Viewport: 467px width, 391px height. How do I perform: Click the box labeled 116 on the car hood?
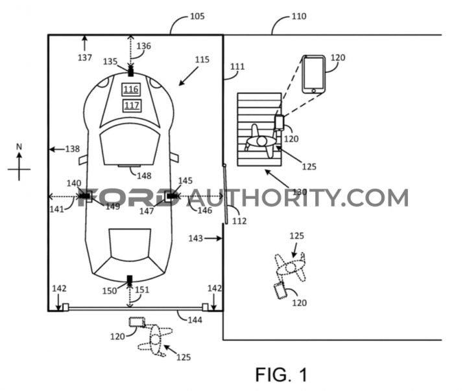tap(131, 89)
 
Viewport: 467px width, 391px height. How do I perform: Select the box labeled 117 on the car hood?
tap(132, 106)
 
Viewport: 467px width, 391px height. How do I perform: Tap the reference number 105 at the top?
tap(197, 16)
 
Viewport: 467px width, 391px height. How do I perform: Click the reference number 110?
tap(299, 16)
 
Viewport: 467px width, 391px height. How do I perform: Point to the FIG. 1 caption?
tap(281, 375)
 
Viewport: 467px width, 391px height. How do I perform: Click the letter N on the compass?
tap(19, 146)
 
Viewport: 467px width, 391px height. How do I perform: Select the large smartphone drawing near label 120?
tap(314, 74)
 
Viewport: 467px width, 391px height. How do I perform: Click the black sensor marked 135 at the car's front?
tap(130, 72)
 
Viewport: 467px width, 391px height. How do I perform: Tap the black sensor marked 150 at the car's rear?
tap(130, 280)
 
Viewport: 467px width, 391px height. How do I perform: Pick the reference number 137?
tap(85, 57)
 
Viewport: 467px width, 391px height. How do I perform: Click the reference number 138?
tap(73, 149)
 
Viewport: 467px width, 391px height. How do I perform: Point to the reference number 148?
tap(144, 175)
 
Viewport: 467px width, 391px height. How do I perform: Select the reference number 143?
tap(196, 238)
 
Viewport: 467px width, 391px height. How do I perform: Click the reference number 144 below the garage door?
tap(195, 320)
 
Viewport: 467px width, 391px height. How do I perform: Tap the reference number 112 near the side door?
tap(239, 221)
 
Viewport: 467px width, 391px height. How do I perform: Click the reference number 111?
tap(237, 66)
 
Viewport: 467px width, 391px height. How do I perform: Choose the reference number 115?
tap(202, 60)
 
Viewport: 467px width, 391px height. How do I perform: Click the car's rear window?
tap(130, 243)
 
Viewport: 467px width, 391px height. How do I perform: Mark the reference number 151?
tap(142, 289)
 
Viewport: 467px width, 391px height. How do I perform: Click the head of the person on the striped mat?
tap(261, 142)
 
